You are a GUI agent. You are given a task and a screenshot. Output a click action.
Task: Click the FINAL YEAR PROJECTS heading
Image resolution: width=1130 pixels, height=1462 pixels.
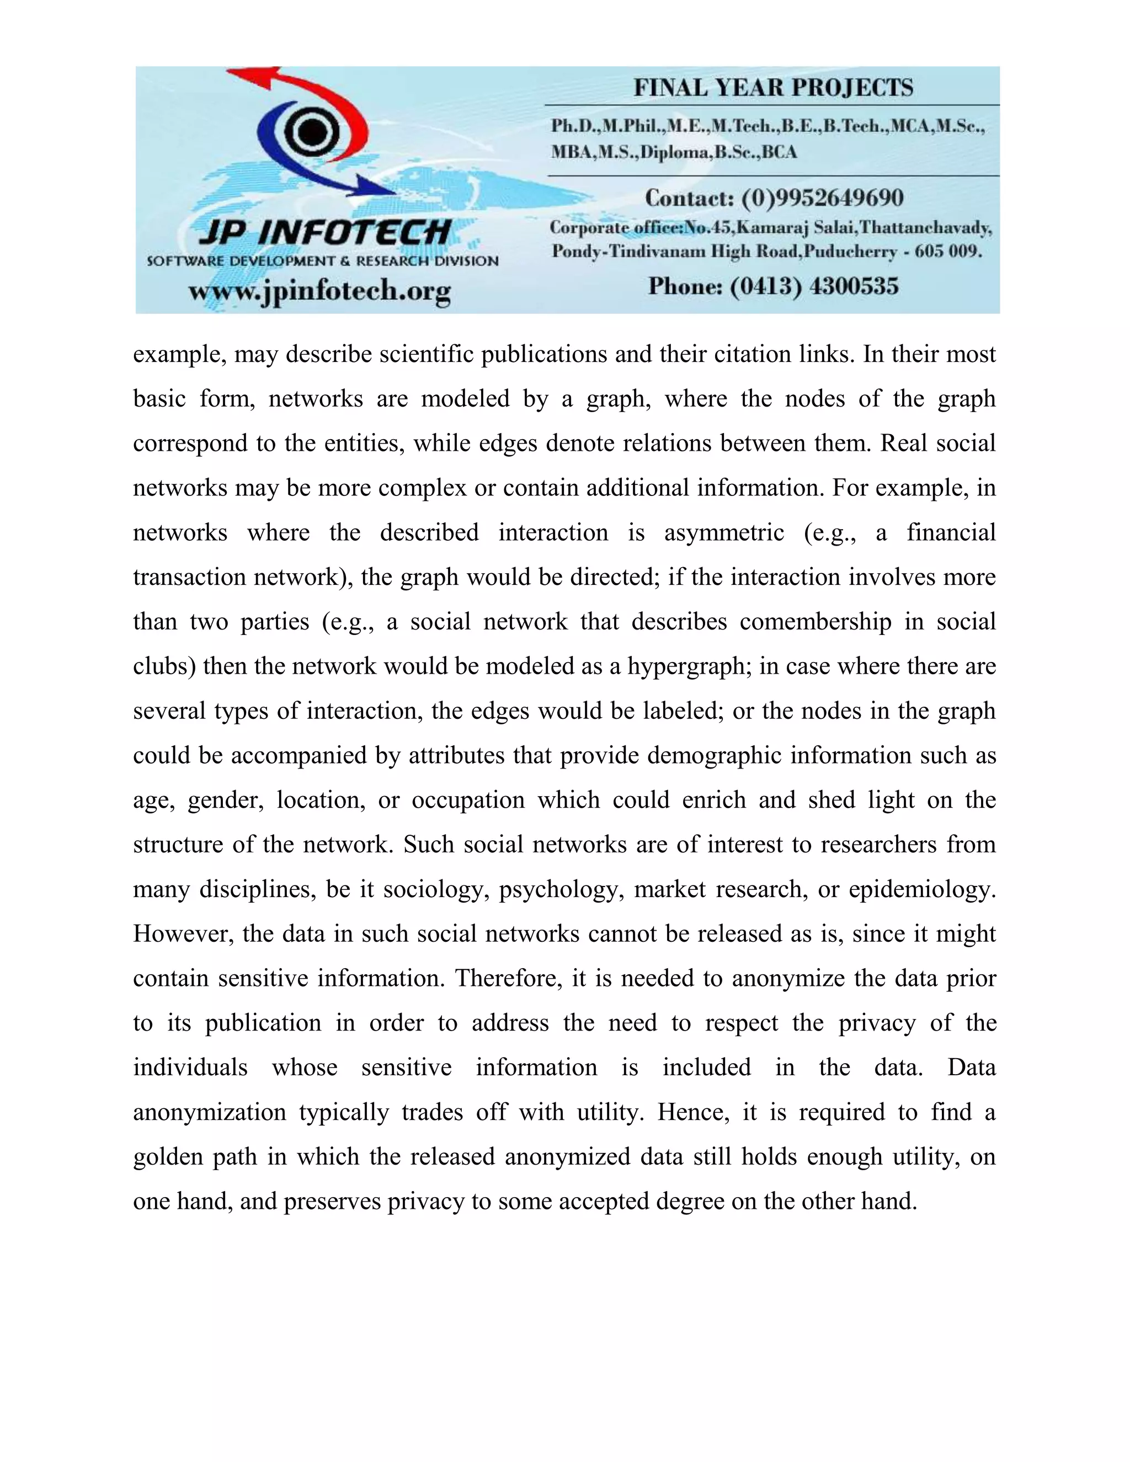tap(773, 88)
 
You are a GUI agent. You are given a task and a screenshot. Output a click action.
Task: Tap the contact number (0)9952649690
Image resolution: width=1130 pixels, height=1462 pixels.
tap(822, 198)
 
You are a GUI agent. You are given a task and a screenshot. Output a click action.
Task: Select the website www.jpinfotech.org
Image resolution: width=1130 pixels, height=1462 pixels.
tap(319, 291)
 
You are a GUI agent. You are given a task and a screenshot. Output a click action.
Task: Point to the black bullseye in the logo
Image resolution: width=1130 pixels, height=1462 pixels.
tap(310, 131)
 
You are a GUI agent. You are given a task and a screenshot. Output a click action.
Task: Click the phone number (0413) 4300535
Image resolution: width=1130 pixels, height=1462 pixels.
tap(814, 286)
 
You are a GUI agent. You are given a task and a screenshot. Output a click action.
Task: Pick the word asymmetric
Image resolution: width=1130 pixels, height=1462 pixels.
tap(724, 533)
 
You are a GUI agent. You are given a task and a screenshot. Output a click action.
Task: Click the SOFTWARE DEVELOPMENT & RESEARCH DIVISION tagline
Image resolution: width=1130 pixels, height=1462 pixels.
tap(323, 261)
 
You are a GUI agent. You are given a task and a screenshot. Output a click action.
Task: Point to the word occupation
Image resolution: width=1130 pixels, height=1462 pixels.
tap(468, 801)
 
